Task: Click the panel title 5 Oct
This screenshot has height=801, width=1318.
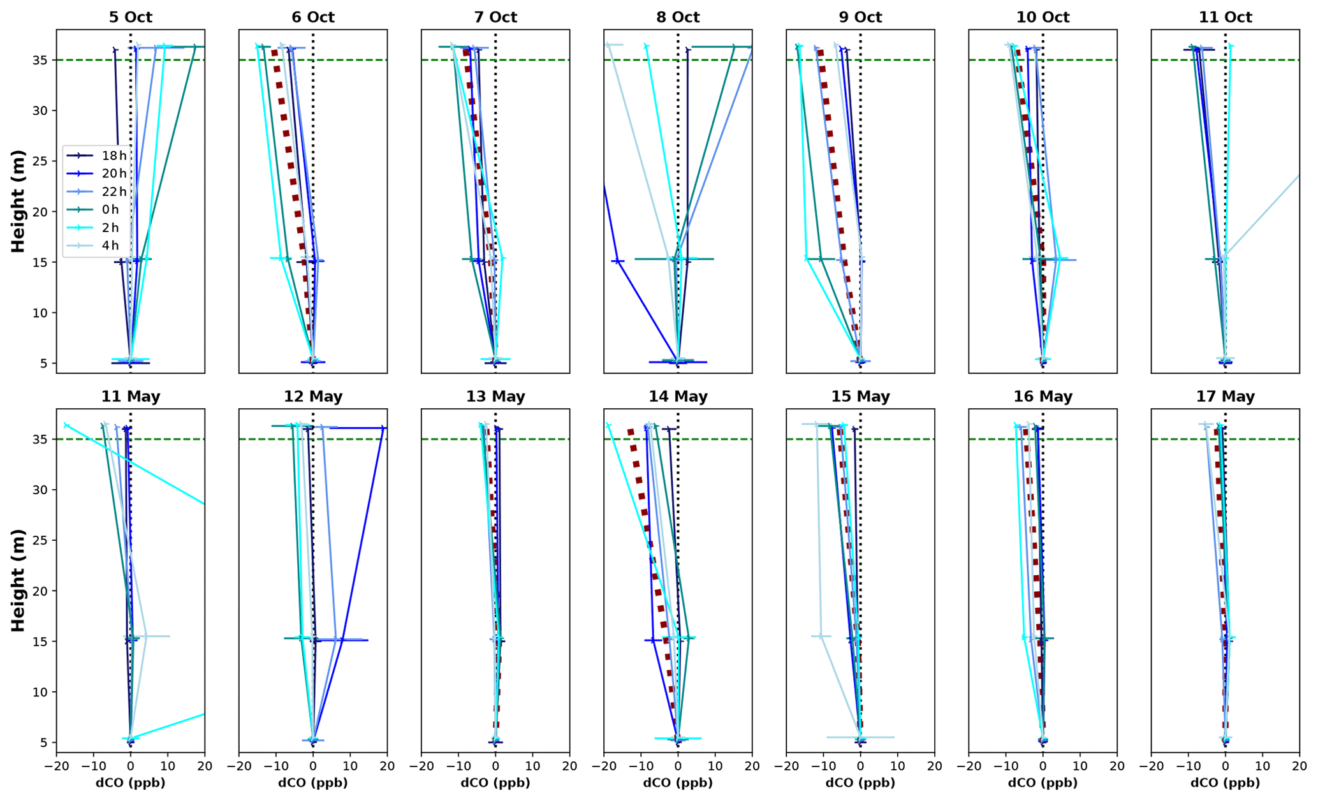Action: coord(130,17)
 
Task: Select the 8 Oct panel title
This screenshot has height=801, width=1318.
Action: coord(678,17)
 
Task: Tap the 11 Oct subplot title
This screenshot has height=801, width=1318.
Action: coord(1225,17)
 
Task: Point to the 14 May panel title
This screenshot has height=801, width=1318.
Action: coord(678,396)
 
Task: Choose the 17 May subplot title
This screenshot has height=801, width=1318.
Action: coord(1225,396)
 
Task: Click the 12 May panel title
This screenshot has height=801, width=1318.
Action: coord(312,396)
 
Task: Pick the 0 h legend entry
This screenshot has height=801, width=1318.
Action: coord(110,209)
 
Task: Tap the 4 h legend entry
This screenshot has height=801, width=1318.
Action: coord(110,246)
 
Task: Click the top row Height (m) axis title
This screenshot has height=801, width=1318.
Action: coord(18,201)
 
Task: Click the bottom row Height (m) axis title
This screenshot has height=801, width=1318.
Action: coord(18,580)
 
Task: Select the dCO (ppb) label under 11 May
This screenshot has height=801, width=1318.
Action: coord(130,783)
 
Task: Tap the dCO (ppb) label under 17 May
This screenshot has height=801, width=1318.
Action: coord(1225,783)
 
